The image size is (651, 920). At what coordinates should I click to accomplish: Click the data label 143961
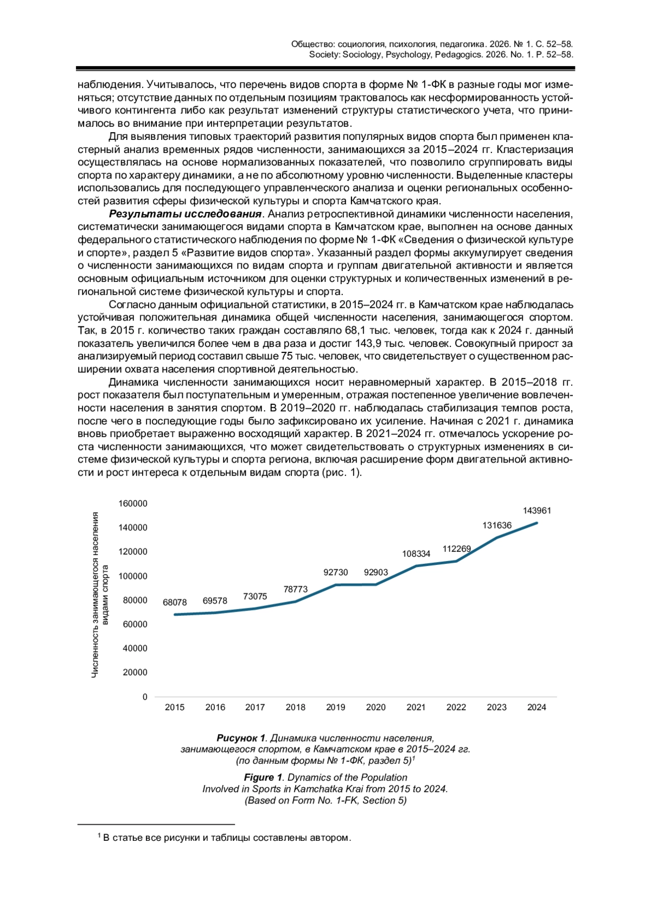[537, 511]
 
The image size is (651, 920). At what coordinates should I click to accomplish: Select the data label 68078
[175, 602]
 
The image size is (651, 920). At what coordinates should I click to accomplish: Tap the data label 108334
[416, 554]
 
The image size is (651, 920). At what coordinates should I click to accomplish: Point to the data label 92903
[376, 572]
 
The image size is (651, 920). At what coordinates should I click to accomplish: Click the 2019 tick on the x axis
[336, 707]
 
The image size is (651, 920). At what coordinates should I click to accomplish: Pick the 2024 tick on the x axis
[537, 707]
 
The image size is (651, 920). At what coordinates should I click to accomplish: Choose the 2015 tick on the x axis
[175, 707]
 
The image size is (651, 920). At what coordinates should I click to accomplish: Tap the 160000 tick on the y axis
[133, 504]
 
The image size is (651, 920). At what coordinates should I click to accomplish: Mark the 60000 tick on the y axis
[135, 625]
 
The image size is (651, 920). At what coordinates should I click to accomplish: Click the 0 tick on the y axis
[145, 697]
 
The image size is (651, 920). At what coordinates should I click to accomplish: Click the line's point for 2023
[496, 538]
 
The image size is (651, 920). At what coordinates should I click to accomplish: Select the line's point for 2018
[296, 601]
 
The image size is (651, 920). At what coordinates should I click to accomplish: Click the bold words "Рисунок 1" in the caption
[241, 738]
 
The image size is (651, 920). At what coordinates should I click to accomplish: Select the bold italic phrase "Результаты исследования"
[186, 214]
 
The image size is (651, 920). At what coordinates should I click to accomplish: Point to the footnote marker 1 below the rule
[99, 837]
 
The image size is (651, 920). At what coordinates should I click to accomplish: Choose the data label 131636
[497, 525]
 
